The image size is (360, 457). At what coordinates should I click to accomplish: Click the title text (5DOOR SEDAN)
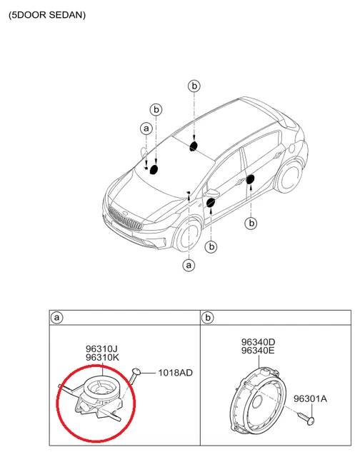[x=47, y=14]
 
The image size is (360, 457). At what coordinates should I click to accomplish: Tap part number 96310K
[x=102, y=358]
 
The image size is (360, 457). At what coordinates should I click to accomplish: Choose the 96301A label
[x=311, y=399]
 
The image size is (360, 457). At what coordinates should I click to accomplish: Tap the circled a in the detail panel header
[x=56, y=316]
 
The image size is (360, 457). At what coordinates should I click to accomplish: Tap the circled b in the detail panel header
[x=207, y=316]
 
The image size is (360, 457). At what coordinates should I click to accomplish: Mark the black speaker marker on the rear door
[x=250, y=179]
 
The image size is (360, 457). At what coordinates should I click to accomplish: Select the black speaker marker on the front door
[x=211, y=204]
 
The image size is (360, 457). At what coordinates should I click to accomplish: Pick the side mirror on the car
[x=212, y=193]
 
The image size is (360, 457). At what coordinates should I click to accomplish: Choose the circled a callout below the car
[x=189, y=265]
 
